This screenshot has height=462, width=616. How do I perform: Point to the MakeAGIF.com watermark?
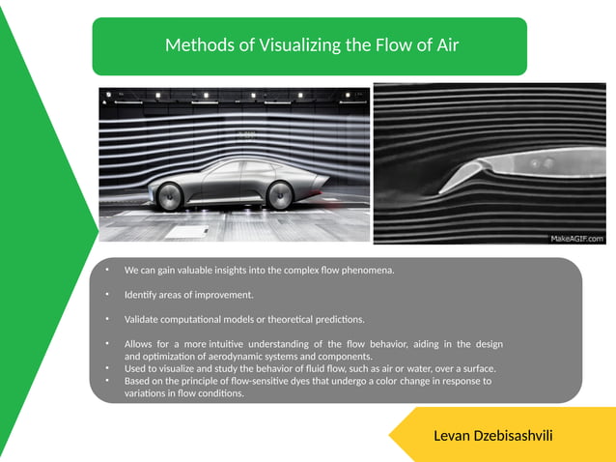pyautogui.click(x=576, y=238)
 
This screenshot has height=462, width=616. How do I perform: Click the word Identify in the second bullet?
pyautogui.click(x=142, y=294)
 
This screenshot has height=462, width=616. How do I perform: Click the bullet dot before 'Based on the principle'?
pyautogui.click(x=109, y=381)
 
